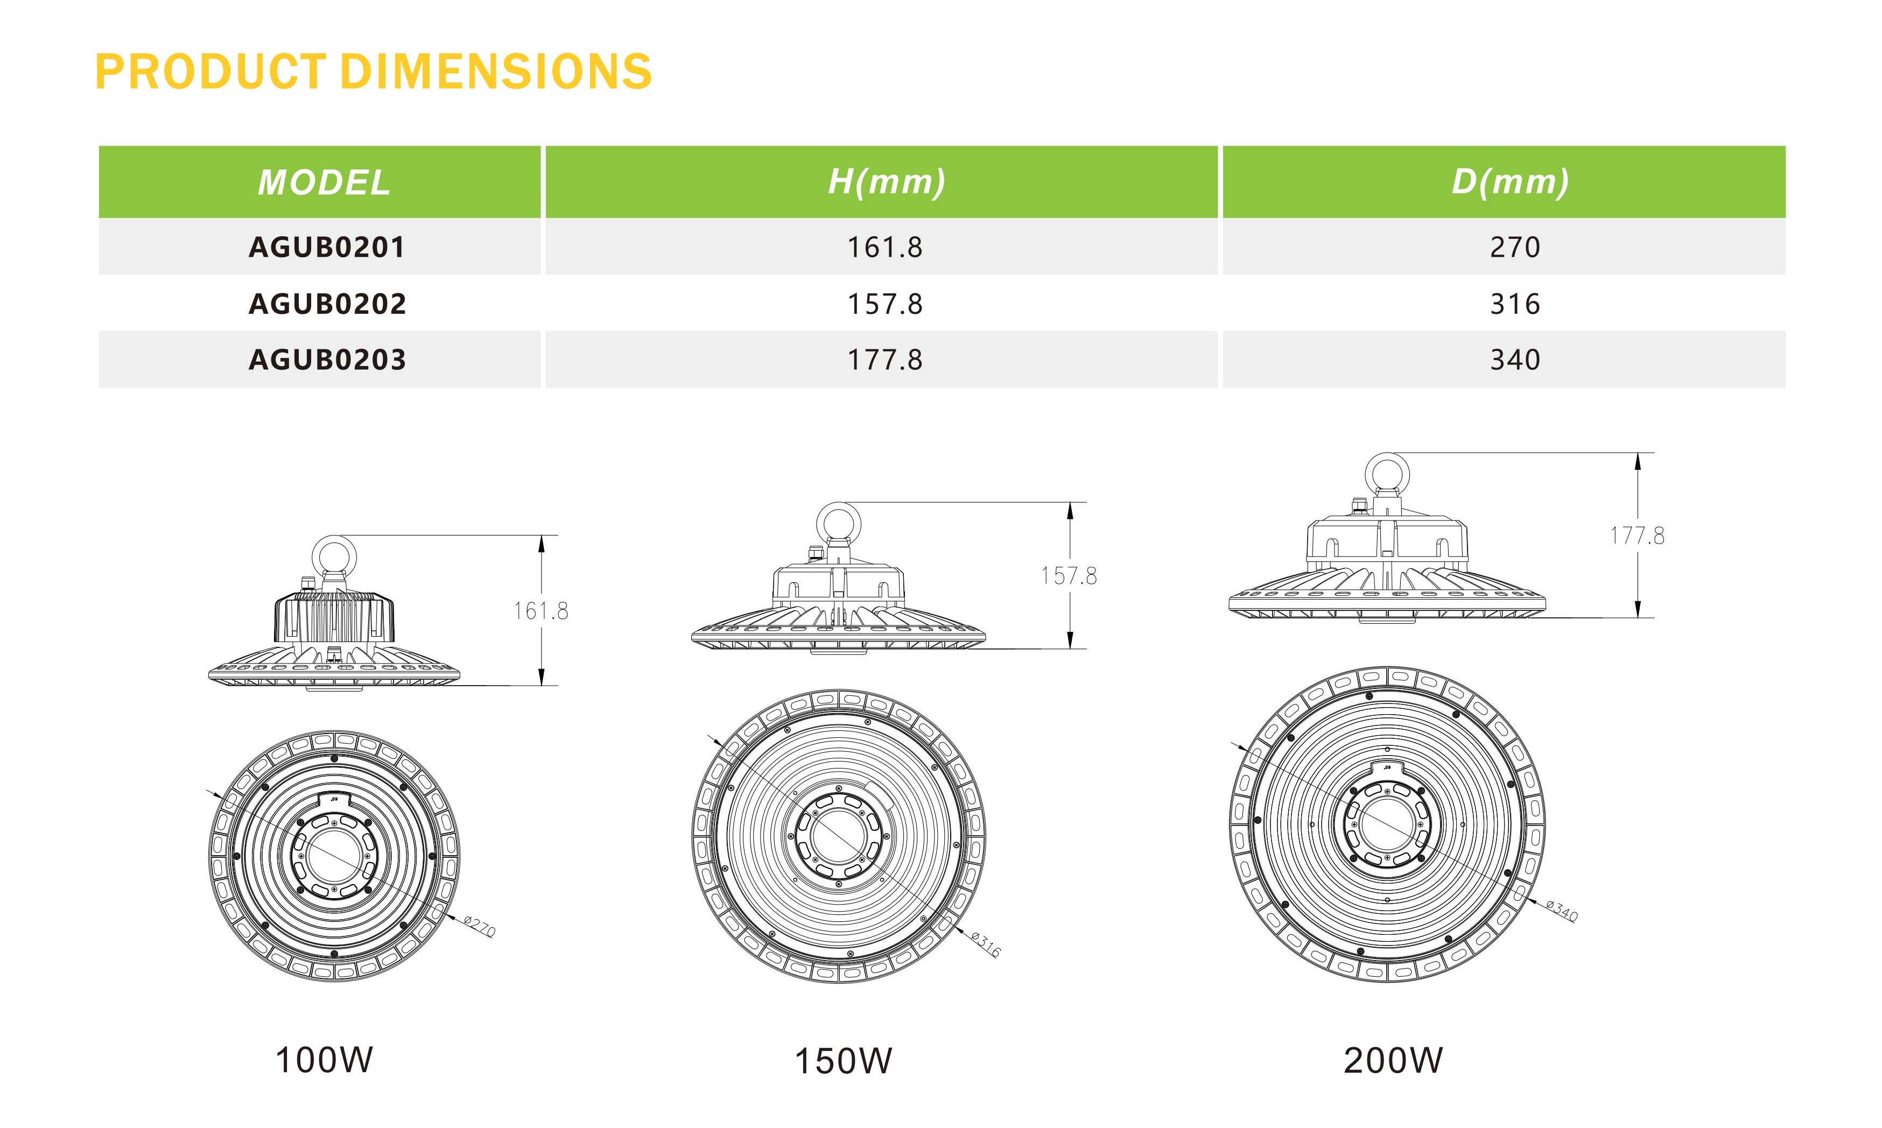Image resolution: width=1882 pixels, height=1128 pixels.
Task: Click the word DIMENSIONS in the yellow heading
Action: click(496, 72)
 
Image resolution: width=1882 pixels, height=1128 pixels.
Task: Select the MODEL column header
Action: click(324, 182)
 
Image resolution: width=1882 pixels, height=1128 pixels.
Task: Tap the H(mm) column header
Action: click(886, 182)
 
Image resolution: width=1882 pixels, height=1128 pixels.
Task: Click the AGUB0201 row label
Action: click(327, 247)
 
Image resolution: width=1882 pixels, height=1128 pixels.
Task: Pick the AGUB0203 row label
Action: click(327, 359)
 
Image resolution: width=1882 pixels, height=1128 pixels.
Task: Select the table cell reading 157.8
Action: click(885, 304)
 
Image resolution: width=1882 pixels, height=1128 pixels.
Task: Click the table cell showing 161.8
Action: click(885, 247)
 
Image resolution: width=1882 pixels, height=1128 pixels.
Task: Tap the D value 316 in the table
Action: click(1514, 304)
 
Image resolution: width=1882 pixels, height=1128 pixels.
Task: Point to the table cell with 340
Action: click(1514, 359)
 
